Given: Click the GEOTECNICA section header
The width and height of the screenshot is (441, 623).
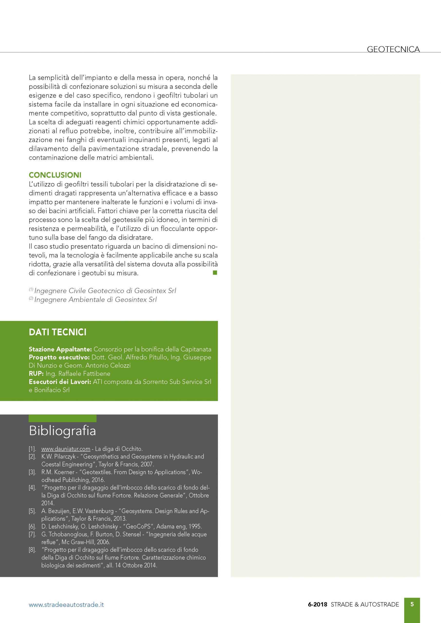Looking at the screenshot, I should (393, 49).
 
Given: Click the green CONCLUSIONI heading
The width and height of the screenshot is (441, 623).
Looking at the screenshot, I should (55, 175).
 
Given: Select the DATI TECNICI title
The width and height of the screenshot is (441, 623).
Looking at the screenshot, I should (57, 332).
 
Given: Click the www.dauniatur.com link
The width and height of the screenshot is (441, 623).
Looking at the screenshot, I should (66, 449).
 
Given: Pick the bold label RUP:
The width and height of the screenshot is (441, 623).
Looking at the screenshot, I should (36, 374).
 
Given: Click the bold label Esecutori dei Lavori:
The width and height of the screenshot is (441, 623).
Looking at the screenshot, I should (60, 382).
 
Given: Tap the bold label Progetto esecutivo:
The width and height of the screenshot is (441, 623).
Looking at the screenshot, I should (59, 357).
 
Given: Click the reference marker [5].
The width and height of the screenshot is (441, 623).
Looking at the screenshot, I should (32, 511).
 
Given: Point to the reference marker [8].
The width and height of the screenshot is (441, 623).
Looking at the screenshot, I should (32, 550).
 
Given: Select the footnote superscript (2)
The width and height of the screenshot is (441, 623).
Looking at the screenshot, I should (31, 298).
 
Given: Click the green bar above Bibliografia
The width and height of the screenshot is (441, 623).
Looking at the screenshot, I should (62, 418).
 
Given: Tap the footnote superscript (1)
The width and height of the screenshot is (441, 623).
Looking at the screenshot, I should (31, 289).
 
